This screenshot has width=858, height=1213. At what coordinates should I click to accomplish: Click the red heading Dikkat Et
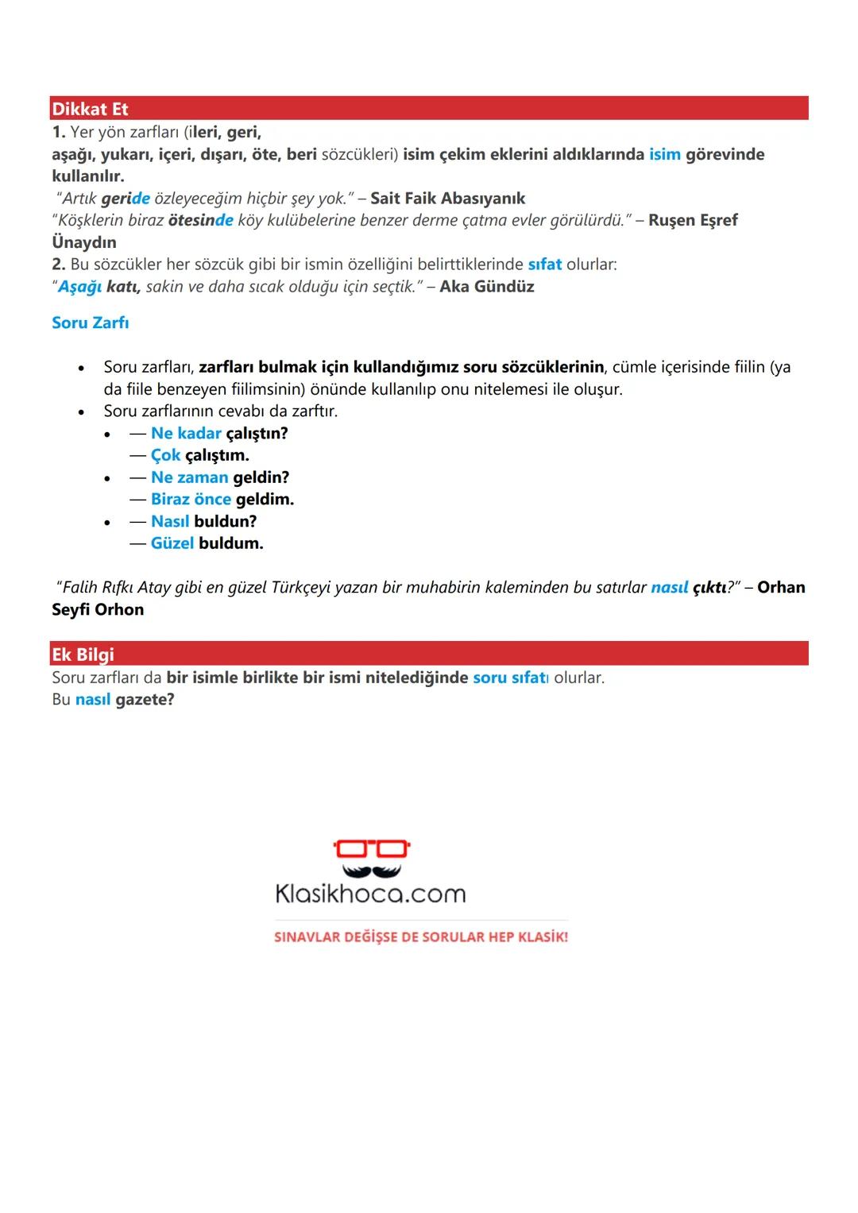[90, 109]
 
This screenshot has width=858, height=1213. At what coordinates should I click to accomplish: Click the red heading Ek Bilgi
[83, 655]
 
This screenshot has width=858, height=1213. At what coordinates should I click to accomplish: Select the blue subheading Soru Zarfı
[90, 323]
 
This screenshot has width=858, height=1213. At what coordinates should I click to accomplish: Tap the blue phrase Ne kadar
[186, 433]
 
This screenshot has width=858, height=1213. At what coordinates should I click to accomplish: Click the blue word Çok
[165, 455]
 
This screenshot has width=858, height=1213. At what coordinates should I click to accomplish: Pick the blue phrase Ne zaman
[189, 477]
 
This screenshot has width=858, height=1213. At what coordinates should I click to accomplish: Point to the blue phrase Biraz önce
[191, 500]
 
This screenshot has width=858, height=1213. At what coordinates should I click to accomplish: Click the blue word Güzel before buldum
[172, 543]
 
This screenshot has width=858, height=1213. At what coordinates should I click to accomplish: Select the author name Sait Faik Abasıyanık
[447, 199]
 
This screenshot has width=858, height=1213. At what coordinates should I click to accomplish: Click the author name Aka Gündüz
[487, 287]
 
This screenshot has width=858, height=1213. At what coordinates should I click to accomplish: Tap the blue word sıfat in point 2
[544, 265]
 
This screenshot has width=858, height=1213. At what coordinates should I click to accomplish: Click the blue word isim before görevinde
[664, 154]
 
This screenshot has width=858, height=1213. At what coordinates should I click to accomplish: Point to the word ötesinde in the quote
[200, 220]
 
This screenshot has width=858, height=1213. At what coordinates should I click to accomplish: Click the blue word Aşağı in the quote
[80, 287]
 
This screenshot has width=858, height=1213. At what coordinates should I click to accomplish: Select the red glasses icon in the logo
[371, 848]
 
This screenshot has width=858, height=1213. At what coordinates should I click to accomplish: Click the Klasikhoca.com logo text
[370, 894]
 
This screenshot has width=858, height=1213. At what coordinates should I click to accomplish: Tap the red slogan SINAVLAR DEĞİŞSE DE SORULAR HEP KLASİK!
[421, 937]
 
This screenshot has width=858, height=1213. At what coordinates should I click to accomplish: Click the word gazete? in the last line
[145, 700]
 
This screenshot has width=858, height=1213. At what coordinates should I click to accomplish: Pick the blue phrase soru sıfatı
[510, 678]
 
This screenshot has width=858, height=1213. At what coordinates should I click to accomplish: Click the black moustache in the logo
[371, 870]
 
